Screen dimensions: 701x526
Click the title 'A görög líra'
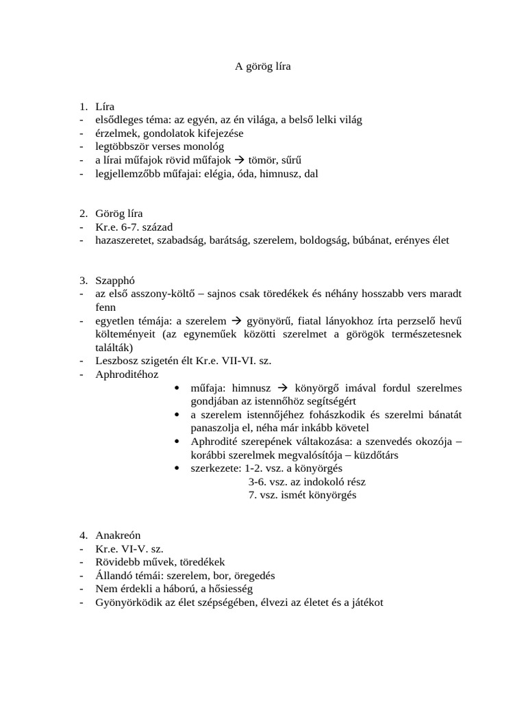(263, 66)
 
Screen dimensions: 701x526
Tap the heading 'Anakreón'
(118, 535)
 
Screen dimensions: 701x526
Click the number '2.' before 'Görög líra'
(83, 214)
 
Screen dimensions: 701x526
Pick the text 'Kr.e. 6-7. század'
(135, 227)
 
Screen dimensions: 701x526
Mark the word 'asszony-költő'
(166, 294)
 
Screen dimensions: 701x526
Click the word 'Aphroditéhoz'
(127, 374)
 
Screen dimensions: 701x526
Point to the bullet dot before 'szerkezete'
(177, 468)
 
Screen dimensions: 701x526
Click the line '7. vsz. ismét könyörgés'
(302, 495)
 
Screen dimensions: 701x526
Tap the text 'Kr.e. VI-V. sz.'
(129, 548)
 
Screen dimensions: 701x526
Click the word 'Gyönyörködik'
(128, 602)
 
